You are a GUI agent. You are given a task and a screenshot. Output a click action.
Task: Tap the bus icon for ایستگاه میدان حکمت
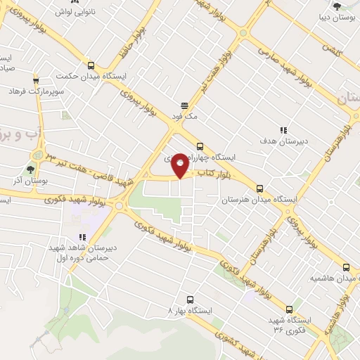89,65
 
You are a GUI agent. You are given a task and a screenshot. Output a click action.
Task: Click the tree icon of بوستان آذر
30,169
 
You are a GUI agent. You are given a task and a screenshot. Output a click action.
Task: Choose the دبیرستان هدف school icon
283,130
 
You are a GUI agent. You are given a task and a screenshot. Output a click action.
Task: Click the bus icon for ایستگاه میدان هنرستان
260,188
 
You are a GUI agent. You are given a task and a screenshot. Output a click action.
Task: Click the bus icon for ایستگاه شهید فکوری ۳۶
289,309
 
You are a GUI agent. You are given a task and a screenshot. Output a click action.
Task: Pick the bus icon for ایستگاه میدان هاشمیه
346,267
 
